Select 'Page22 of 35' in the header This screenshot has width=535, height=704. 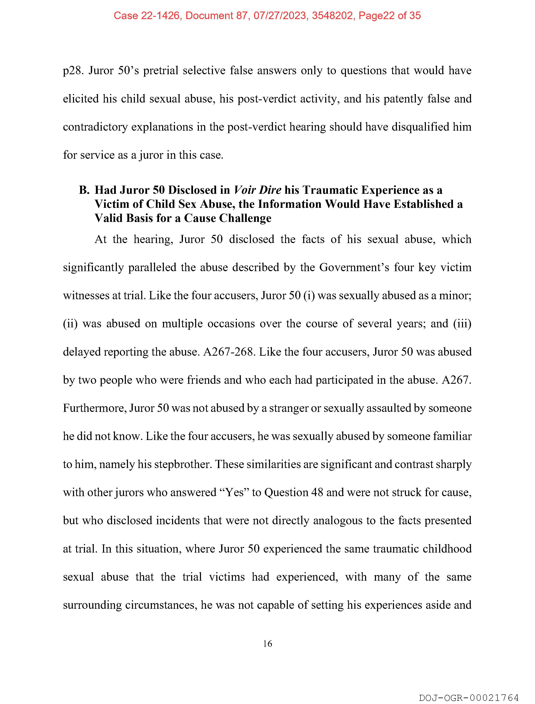[389, 16]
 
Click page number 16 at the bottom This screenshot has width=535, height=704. [267, 644]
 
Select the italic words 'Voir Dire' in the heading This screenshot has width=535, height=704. [257, 190]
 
